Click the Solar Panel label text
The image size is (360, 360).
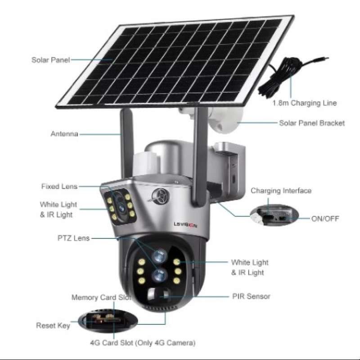click(51, 60)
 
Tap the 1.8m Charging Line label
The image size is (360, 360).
click(305, 103)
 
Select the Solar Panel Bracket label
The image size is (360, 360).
click(312, 123)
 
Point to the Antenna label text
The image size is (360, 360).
click(64, 134)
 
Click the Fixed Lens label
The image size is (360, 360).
click(59, 186)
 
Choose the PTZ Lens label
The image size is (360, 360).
click(73, 238)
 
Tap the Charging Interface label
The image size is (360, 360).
click(281, 190)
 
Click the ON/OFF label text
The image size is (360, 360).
click(325, 219)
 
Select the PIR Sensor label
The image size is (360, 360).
click(251, 296)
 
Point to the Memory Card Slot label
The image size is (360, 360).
click(101, 297)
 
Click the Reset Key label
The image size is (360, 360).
click(53, 325)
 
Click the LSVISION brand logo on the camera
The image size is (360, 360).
click(185, 225)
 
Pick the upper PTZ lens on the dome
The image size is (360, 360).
click(160, 256)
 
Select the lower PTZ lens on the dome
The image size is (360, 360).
click(160, 274)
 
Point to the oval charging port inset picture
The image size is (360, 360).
click(274, 216)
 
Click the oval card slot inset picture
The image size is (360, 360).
click(108, 321)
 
